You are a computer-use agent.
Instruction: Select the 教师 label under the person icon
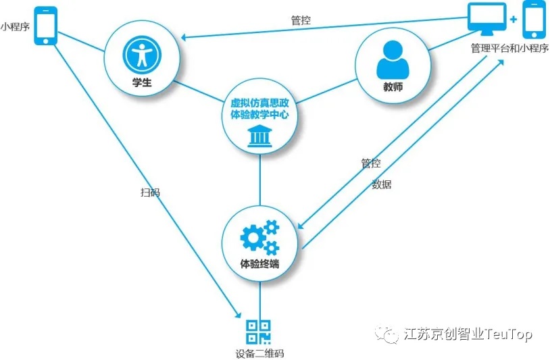coord(393,87)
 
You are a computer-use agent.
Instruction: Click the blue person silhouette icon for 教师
coord(393,59)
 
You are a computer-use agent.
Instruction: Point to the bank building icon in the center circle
coord(260,136)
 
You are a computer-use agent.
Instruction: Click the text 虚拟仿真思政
coord(260,103)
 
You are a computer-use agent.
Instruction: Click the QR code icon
coord(259,331)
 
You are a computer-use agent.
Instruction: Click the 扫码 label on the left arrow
coord(150,192)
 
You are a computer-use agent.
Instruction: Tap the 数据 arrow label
coord(381,184)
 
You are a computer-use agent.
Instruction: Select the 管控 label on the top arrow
coord(301,20)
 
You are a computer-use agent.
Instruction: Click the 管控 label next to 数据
coord(370,163)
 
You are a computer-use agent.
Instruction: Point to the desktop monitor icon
coord(487,19)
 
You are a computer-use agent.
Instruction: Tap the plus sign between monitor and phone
coord(514,19)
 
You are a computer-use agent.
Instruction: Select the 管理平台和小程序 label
coord(509,49)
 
